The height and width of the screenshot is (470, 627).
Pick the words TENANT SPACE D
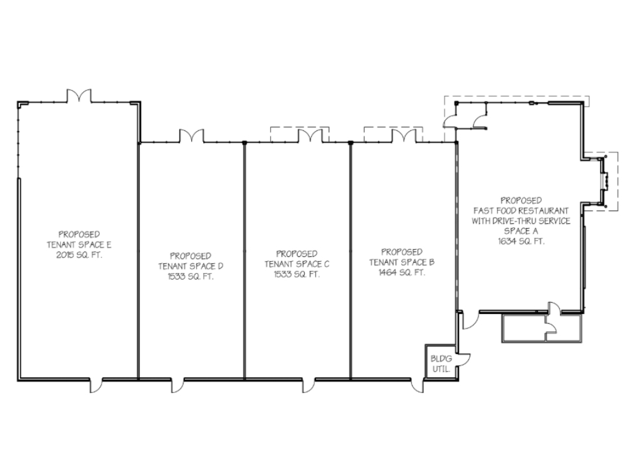191,266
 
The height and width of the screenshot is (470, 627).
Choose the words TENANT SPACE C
297,264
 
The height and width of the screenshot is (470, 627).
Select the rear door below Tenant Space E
96,385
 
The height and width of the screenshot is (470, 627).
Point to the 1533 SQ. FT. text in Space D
191,276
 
